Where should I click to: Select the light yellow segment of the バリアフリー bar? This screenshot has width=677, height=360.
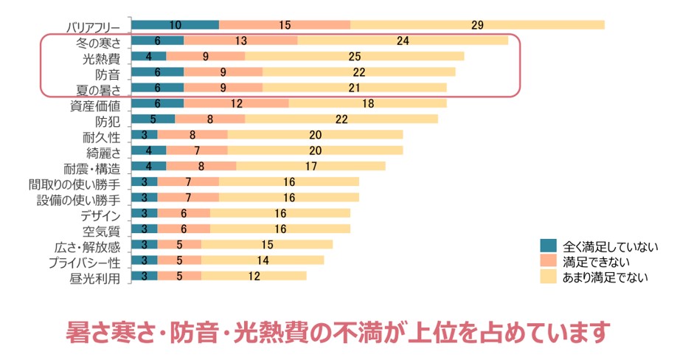[x=477, y=25]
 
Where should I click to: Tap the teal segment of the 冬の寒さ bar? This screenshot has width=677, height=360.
[x=157, y=41]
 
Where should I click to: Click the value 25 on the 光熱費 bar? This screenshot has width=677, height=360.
[x=354, y=56]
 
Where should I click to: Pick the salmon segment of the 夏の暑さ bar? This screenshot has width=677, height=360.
[x=223, y=88]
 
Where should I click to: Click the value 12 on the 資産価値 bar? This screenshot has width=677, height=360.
[x=236, y=104]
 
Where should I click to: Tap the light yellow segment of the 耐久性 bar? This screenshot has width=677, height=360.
[x=315, y=135]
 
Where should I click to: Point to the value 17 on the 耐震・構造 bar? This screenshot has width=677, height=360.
[x=310, y=167]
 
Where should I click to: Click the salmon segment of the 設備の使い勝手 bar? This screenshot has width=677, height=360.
[x=188, y=198]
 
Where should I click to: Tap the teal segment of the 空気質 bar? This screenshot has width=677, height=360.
[x=144, y=229]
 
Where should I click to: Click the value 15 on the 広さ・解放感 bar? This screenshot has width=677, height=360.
[x=267, y=245]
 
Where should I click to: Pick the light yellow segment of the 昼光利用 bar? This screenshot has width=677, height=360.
[x=254, y=277]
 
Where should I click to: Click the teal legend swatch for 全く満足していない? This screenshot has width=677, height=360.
[x=549, y=246]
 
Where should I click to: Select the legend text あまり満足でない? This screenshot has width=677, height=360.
[x=605, y=277]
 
